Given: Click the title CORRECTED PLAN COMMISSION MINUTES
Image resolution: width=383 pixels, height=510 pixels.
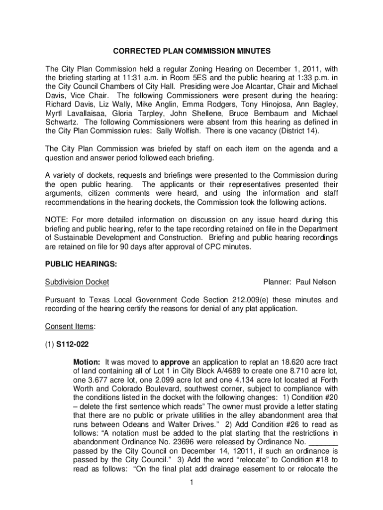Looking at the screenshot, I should point(191,51).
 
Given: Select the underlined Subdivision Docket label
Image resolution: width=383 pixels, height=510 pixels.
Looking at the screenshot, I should point(77,282).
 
